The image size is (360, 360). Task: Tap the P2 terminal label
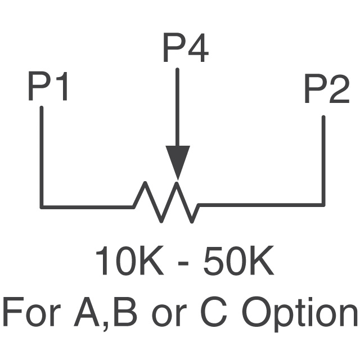click(326, 91)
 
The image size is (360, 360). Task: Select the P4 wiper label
click(185, 49)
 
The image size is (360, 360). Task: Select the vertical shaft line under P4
click(178, 107)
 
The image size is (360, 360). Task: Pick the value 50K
click(238, 262)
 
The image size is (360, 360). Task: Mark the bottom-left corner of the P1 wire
click(42, 206)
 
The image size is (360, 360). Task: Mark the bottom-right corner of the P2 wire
click(323, 204)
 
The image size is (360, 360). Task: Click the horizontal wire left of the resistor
click(87, 206)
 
